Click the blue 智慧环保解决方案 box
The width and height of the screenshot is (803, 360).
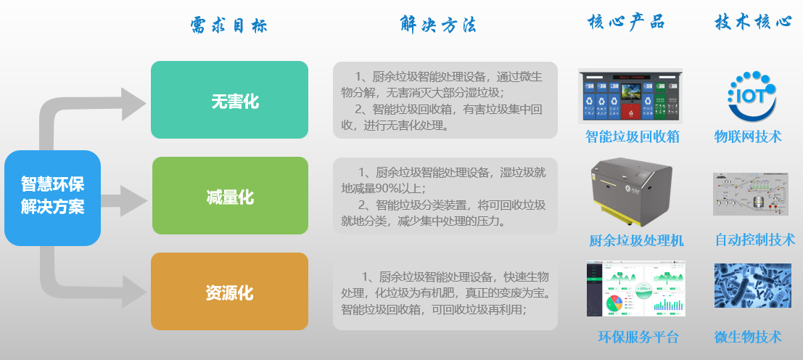(x=52, y=197)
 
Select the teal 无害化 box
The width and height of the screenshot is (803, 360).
(x=229, y=100)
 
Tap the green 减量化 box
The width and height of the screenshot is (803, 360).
(x=230, y=196)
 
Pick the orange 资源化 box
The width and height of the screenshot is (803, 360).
(x=229, y=291)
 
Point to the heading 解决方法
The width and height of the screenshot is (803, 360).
(x=438, y=24)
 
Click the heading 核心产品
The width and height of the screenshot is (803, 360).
(x=626, y=22)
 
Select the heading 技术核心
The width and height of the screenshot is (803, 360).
(x=753, y=22)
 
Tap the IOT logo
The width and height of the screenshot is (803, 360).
(x=751, y=96)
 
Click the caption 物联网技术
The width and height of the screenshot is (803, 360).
(x=748, y=136)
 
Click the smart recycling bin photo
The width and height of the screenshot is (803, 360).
(x=630, y=97)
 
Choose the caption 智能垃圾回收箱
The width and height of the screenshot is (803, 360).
(x=633, y=136)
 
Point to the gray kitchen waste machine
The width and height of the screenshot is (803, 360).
(x=631, y=192)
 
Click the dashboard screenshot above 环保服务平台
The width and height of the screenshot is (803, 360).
(x=635, y=288)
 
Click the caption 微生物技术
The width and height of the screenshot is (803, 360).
(x=748, y=337)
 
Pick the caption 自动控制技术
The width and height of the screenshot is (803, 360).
(x=755, y=239)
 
